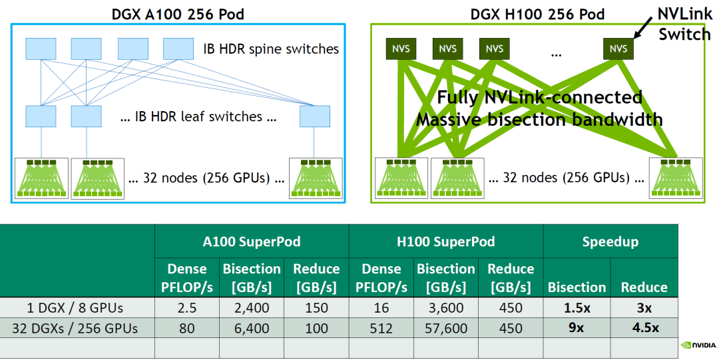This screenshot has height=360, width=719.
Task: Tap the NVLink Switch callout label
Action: coord(684,24)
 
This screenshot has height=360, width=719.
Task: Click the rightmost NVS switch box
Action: coord(618,49)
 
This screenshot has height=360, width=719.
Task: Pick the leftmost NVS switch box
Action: coord(401,49)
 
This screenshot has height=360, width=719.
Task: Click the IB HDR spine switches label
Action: coord(271,49)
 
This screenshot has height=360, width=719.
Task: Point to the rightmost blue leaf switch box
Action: coord(315,116)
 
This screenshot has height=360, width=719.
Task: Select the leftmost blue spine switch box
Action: coord(41,49)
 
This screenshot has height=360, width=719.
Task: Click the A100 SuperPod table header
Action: coord(252,242)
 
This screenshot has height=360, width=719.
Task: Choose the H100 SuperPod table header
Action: coord(445,242)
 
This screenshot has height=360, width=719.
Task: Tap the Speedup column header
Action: coord(610,242)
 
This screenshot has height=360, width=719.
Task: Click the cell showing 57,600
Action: coord(445,327)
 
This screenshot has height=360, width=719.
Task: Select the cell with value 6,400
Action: coord(252,327)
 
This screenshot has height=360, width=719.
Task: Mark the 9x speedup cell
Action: coord(577,327)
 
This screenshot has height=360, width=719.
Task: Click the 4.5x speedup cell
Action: coord(644,327)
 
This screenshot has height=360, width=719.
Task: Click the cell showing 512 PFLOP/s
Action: coord(381,327)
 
